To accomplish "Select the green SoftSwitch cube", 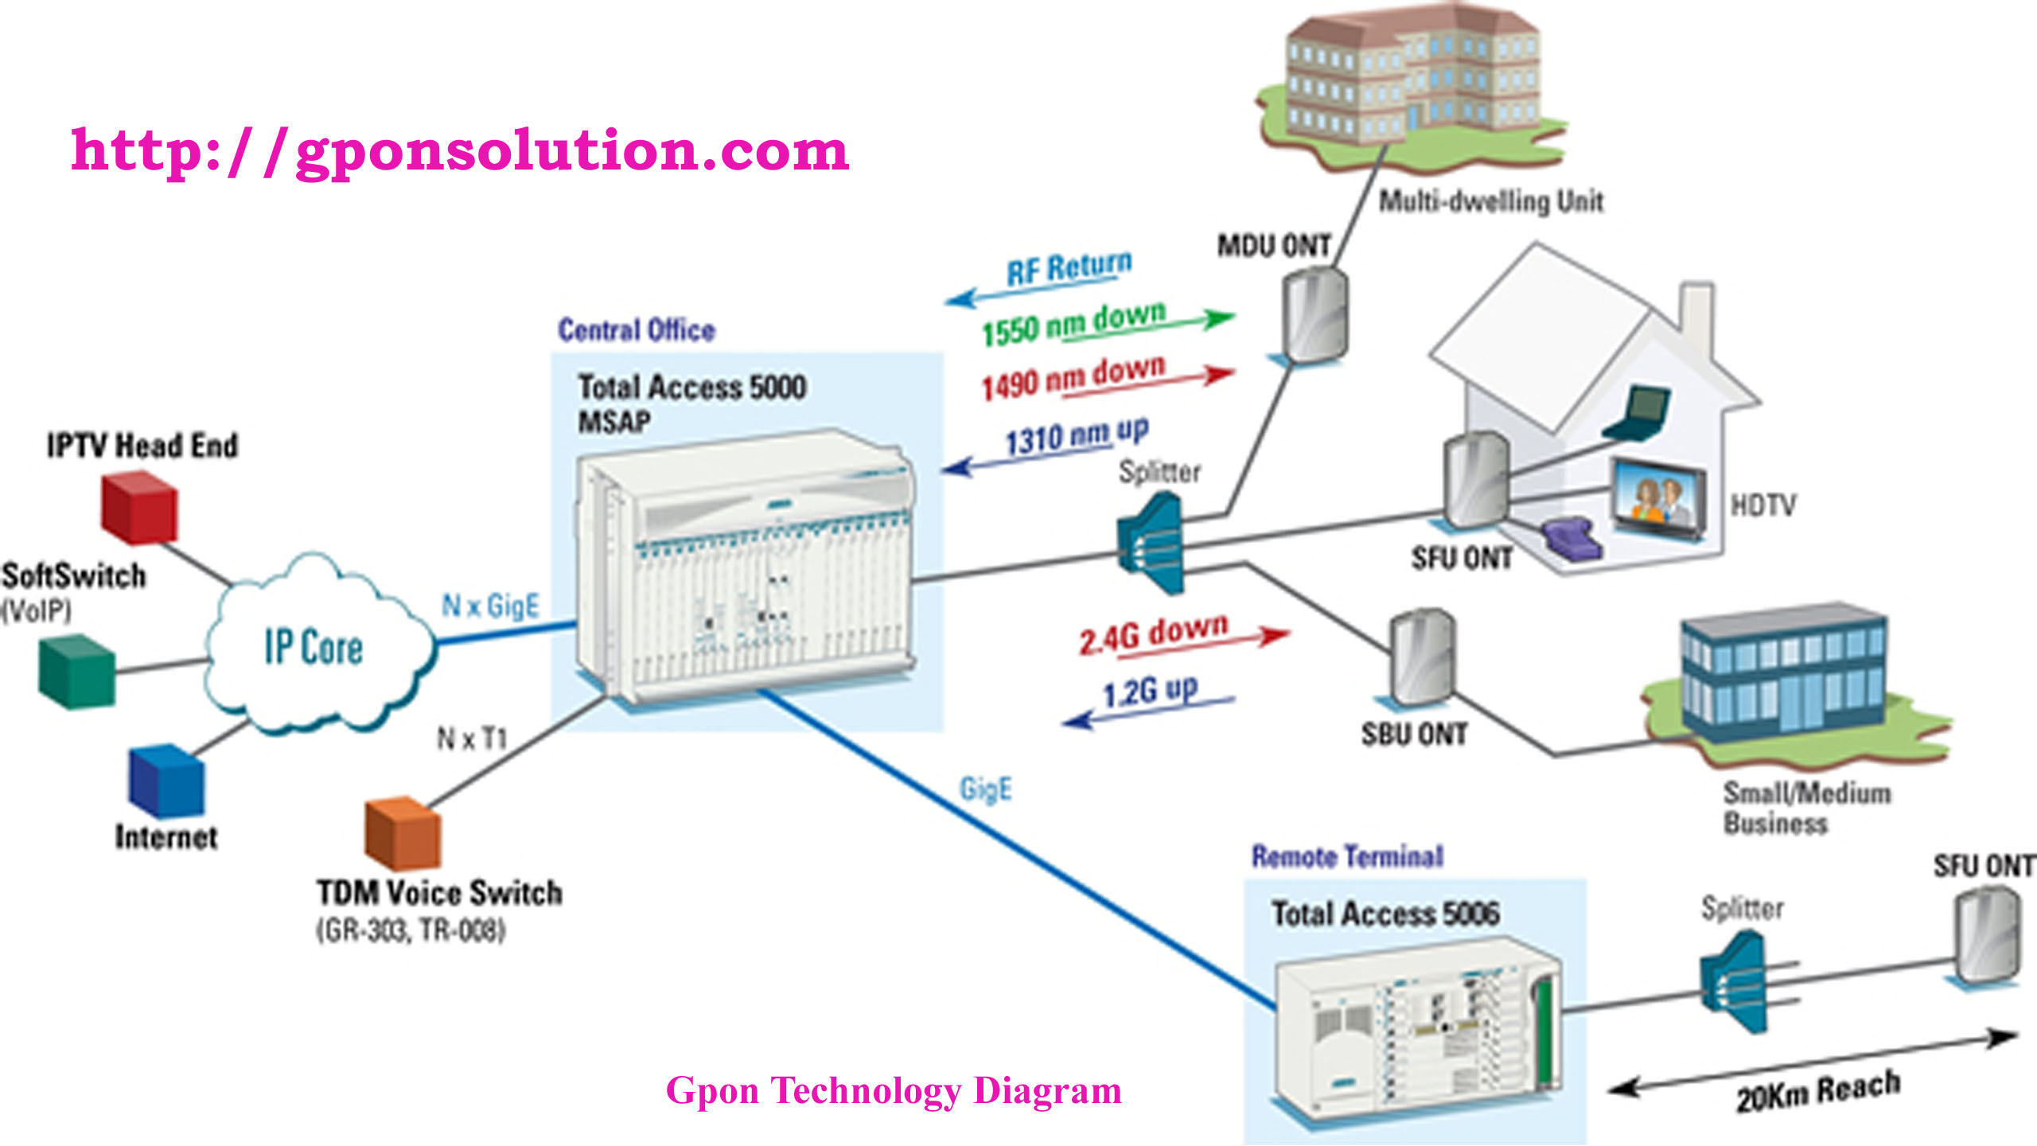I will pos(77,672).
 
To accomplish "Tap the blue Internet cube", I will pos(166,782).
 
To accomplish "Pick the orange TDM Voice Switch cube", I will pos(402,832).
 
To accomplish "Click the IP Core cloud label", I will pos(314,646).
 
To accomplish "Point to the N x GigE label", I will pos(490,606).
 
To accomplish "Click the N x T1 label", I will pos(472,739).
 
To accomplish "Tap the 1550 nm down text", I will pos(1074,323).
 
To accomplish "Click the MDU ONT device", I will pos(1315,315).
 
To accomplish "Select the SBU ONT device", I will pos(1422,657).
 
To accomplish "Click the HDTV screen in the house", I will pos(1658,500).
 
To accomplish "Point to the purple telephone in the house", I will pos(1572,539).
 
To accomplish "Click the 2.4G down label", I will pos(1154,634).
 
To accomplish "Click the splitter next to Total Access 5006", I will pos(1735,984).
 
